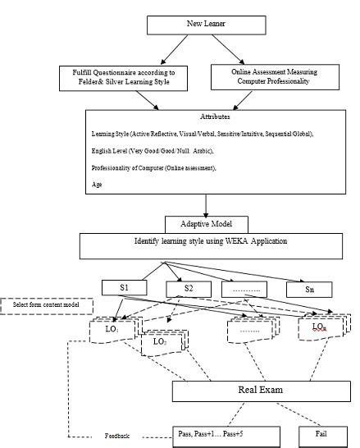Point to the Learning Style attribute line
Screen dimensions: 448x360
[197, 134]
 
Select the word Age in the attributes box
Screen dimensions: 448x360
[98, 185]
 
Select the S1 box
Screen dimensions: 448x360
[125, 288]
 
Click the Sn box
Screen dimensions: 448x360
[311, 289]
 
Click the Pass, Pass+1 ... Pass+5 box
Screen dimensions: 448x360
[213, 432]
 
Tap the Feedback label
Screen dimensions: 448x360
[117, 436]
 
